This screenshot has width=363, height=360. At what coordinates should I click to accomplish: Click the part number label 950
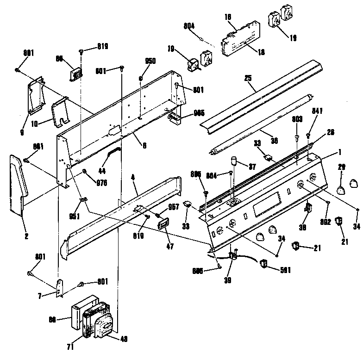pyautogui.click(x=150, y=61)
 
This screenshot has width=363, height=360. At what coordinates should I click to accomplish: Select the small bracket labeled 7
pyautogui.click(x=59, y=288)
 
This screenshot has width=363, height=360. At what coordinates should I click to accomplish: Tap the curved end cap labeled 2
pyautogui.click(x=19, y=185)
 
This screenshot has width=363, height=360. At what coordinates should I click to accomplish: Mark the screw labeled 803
pyautogui.click(x=295, y=137)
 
